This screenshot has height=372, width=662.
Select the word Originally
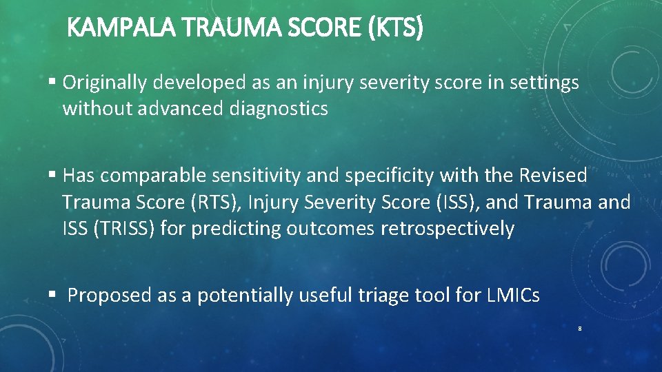(106, 83)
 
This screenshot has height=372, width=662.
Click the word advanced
(183, 109)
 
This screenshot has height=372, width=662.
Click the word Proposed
(110, 296)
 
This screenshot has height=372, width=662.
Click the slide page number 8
(580, 329)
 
